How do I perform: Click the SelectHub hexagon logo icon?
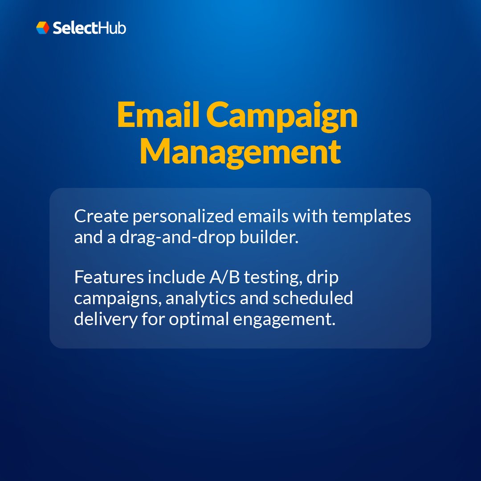pyautogui.click(x=43, y=28)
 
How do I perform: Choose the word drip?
pyautogui.click(x=322, y=278)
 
